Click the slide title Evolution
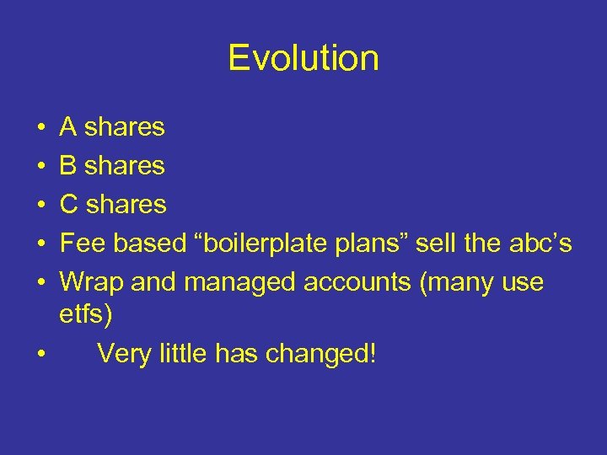pos(303,58)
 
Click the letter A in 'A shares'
pos(68,127)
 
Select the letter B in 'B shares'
pos(68,166)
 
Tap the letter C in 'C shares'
pos(69,205)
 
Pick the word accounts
pos(357,282)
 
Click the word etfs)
pos(85,315)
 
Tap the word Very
pos(126,354)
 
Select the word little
pos(185,353)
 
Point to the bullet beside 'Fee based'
pos(41,244)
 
